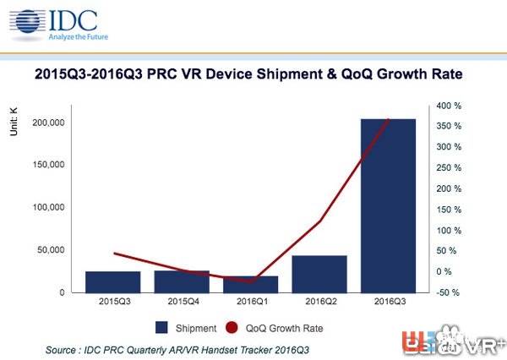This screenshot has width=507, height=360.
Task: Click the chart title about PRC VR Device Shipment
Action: (x=253, y=74)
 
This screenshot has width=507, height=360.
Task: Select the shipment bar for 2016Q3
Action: (x=388, y=205)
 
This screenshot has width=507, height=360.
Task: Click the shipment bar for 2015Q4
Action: (x=182, y=281)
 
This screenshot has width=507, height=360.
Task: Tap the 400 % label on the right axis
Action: (x=450, y=106)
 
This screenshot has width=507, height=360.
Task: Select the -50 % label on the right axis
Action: (x=450, y=292)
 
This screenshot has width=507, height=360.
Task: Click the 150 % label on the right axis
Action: (x=450, y=210)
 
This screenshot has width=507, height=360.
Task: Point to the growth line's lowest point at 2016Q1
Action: (x=251, y=281)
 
